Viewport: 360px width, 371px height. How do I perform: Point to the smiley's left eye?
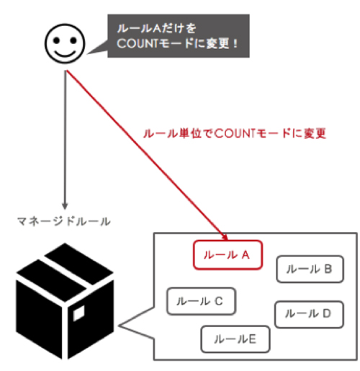click(x=56, y=40)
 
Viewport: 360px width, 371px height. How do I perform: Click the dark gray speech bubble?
click(x=179, y=36)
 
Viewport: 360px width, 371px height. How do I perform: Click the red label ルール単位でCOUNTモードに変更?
click(x=235, y=133)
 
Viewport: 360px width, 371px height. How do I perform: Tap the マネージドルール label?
click(x=64, y=221)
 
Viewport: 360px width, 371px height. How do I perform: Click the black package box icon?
click(x=65, y=301)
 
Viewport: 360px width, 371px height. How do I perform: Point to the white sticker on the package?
click(x=78, y=313)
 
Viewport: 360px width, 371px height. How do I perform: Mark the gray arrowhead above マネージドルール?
click(x=65, y=206)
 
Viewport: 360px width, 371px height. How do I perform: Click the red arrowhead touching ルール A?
click(x=225, y=237)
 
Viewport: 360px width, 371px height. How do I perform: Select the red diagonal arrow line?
click(x=147, y=155)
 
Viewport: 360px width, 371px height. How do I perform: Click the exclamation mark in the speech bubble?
click(x=236, y=44)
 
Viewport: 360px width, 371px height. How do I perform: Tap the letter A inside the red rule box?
click(x=246, y=255)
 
